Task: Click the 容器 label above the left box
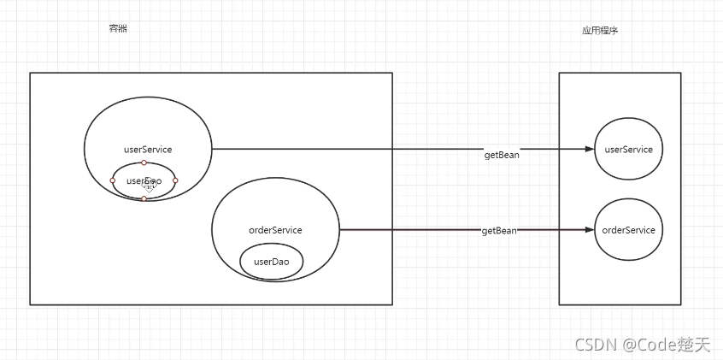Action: coord(118,29)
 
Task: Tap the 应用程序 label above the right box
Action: coord(599,31)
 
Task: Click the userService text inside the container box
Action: coord(148,150)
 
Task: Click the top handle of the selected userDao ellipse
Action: coord(144,162)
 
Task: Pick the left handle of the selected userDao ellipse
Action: coord(112,180)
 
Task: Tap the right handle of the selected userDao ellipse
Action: coord(175,180)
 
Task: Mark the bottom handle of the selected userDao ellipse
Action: coord(144,198)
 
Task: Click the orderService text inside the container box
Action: coord(274,230)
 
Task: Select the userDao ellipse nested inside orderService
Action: coord(272,262)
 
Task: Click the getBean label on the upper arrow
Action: coord(502,155)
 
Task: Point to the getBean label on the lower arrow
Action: coord(499,231)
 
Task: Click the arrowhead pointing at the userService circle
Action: coord(589,149)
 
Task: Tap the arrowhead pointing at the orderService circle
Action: coord(589,230)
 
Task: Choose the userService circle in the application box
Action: coord(628,150)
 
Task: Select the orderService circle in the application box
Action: coord(628,230)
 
